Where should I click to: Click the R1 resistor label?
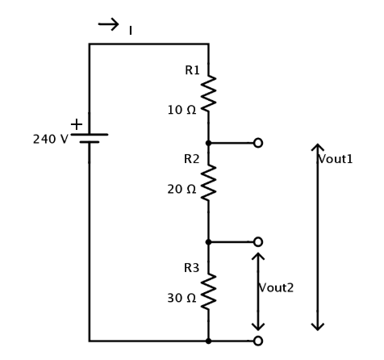click(192, 70)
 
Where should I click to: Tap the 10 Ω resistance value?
click(182, 110)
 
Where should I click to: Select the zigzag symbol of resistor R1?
click(208, 94)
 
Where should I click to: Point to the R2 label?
click(192, 159)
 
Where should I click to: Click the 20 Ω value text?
click(182, 190)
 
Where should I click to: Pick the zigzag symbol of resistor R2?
click(208, 182)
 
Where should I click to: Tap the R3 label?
click(192, 268)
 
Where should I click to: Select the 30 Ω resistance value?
click(182, 298)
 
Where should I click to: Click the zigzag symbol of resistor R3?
click(208, 291)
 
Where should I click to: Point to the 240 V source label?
click(51, 140)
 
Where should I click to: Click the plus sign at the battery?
click(77, 124)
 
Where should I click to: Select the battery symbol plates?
click(90, 138)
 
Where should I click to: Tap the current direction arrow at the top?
click(109, 24)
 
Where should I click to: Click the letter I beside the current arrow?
click(131, 31)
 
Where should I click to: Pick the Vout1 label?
click(335, 159)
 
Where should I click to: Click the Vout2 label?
click(276, 288)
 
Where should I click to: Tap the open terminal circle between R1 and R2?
click(258, 143)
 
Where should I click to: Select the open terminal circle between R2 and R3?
click(258, 242)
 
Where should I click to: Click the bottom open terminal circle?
click(258, 341)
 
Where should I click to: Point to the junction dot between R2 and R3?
click(208, 242)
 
